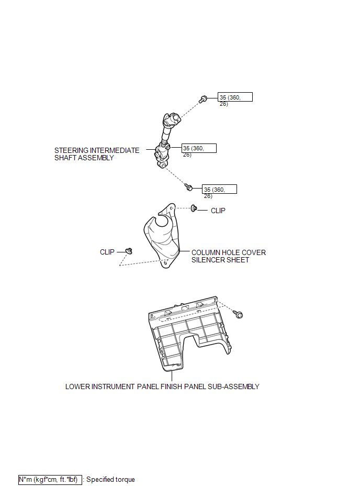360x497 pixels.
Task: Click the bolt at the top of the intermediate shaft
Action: [x=203, y=99]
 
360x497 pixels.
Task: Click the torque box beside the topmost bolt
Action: [x=235, y=97]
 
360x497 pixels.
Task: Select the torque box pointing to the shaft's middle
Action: [x=199, y=148]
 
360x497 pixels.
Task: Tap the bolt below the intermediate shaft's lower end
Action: [x=189, y=187]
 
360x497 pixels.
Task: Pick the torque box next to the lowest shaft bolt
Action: [x=219, y=189]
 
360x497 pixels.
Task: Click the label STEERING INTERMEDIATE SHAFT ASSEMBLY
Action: [x=97, y=154]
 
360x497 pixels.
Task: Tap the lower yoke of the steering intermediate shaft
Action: [x=162, y=156]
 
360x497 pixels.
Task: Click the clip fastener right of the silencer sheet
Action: [x=194, y=208]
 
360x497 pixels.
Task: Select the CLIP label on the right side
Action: [x=218, y=211]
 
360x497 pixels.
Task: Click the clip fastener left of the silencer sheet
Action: [x=129, y=251]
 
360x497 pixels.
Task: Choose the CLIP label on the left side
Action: [x=107, y=252]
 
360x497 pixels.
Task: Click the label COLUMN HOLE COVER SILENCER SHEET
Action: [x=229, y=256]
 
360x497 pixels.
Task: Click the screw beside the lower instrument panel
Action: [x=238, y=314]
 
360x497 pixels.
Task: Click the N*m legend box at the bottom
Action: [x=50, y=480]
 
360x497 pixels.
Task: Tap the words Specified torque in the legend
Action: [x=110, y=480]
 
